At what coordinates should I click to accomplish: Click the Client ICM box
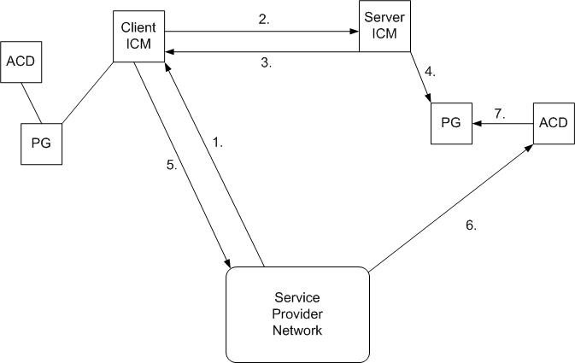click(x=138, y=36)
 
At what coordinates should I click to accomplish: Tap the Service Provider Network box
click(x=297, y=314)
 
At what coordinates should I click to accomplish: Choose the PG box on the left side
click(x=41, y=142)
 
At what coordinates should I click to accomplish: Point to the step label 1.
click(x=217, y=144)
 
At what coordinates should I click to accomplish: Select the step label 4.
click(x=430, y=73)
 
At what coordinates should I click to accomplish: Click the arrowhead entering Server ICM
click(x=354, y=32)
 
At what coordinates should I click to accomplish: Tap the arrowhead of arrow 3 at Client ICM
click(x=169, y=52)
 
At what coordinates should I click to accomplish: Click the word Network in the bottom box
click(x=297, y=331)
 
